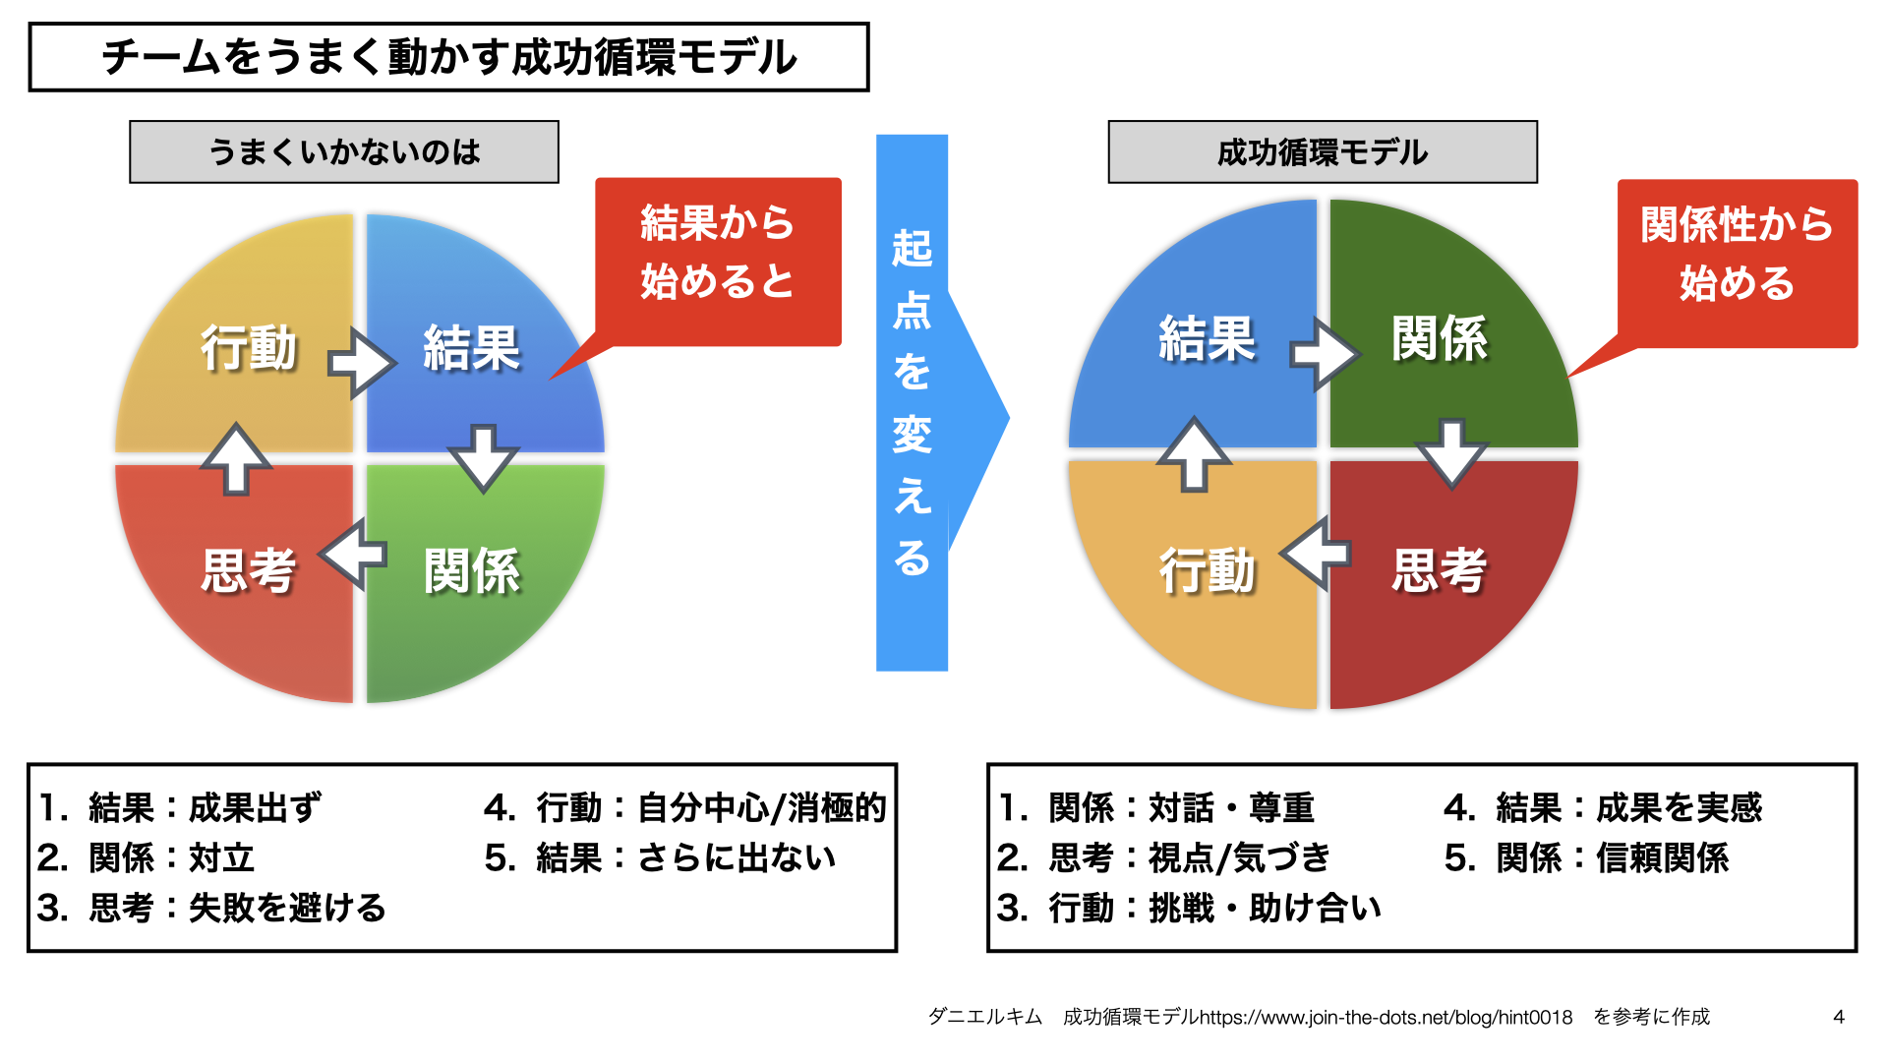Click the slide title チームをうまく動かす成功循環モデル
(x=448, y=57)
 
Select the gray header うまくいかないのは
(x=344, y=152)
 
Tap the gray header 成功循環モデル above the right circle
(x=1323, y=152)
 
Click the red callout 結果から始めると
(x=718, y=254)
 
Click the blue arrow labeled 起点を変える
(x=913, y=403)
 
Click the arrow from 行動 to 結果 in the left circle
(x=361, y=363)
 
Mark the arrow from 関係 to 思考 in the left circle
(x=354, y=555)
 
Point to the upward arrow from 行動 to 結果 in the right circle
(x=1194, y=454)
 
